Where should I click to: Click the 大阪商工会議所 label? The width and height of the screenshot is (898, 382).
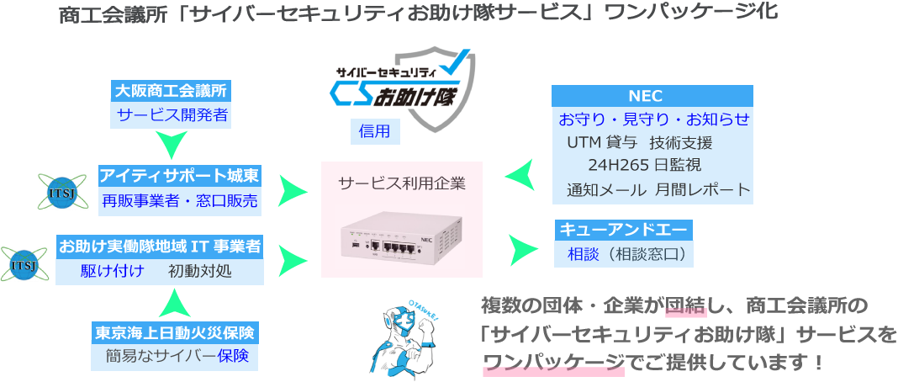pyautogui.click(x=172, y=90)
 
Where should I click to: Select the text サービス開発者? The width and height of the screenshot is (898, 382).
pyautogui.click(x=172, y=115)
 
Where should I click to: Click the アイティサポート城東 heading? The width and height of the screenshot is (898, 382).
pyautogui.click(x=180, y=175)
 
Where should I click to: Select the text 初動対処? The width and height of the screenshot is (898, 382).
pyautogui.click(x=199, y=271)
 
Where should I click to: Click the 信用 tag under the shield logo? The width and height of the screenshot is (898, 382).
pyautogui.click(x=375, y=130)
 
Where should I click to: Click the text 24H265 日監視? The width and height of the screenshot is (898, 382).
pyautogui.click(x=644, y=164)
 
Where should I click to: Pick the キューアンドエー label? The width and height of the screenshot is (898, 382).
pyautogui.click(x=623, y=229)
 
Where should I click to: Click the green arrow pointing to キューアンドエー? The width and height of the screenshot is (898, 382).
pyautogui.click(x=524, y=248)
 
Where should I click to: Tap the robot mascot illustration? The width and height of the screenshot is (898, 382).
pyautogui.click(x=404, y=337)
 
